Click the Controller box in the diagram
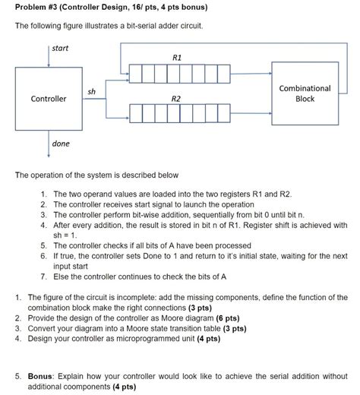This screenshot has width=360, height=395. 48,99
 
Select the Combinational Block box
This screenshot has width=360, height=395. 305,93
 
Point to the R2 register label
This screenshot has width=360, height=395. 176,99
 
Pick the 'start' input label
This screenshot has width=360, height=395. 60,49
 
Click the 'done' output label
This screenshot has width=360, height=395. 60,144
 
